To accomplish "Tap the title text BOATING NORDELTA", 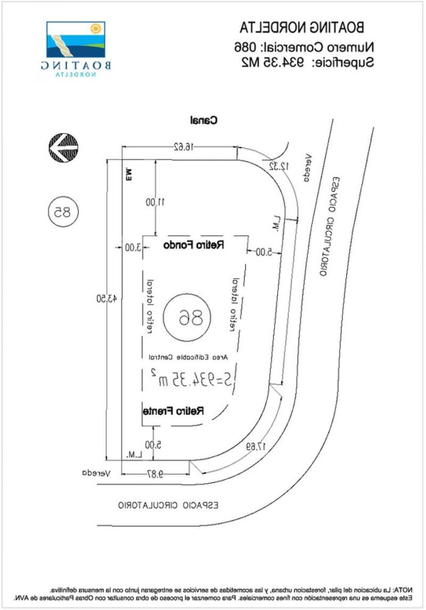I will click(x=302, y=27).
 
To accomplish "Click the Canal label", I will click(x=204, y=120).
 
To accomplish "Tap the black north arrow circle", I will click(x=63, y=148).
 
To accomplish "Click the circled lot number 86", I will click(x=186, y=317).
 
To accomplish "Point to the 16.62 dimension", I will click(x=180, y=146).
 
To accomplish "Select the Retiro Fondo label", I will click(x=194, y=245).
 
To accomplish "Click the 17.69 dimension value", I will click(x=255, y=446).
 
